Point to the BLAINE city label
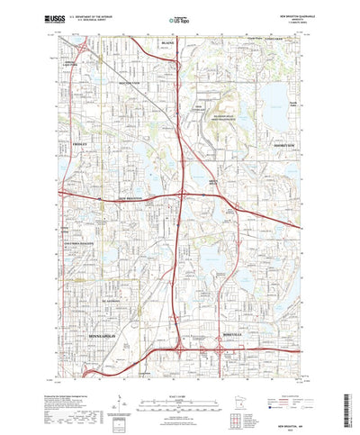point(166,43)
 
